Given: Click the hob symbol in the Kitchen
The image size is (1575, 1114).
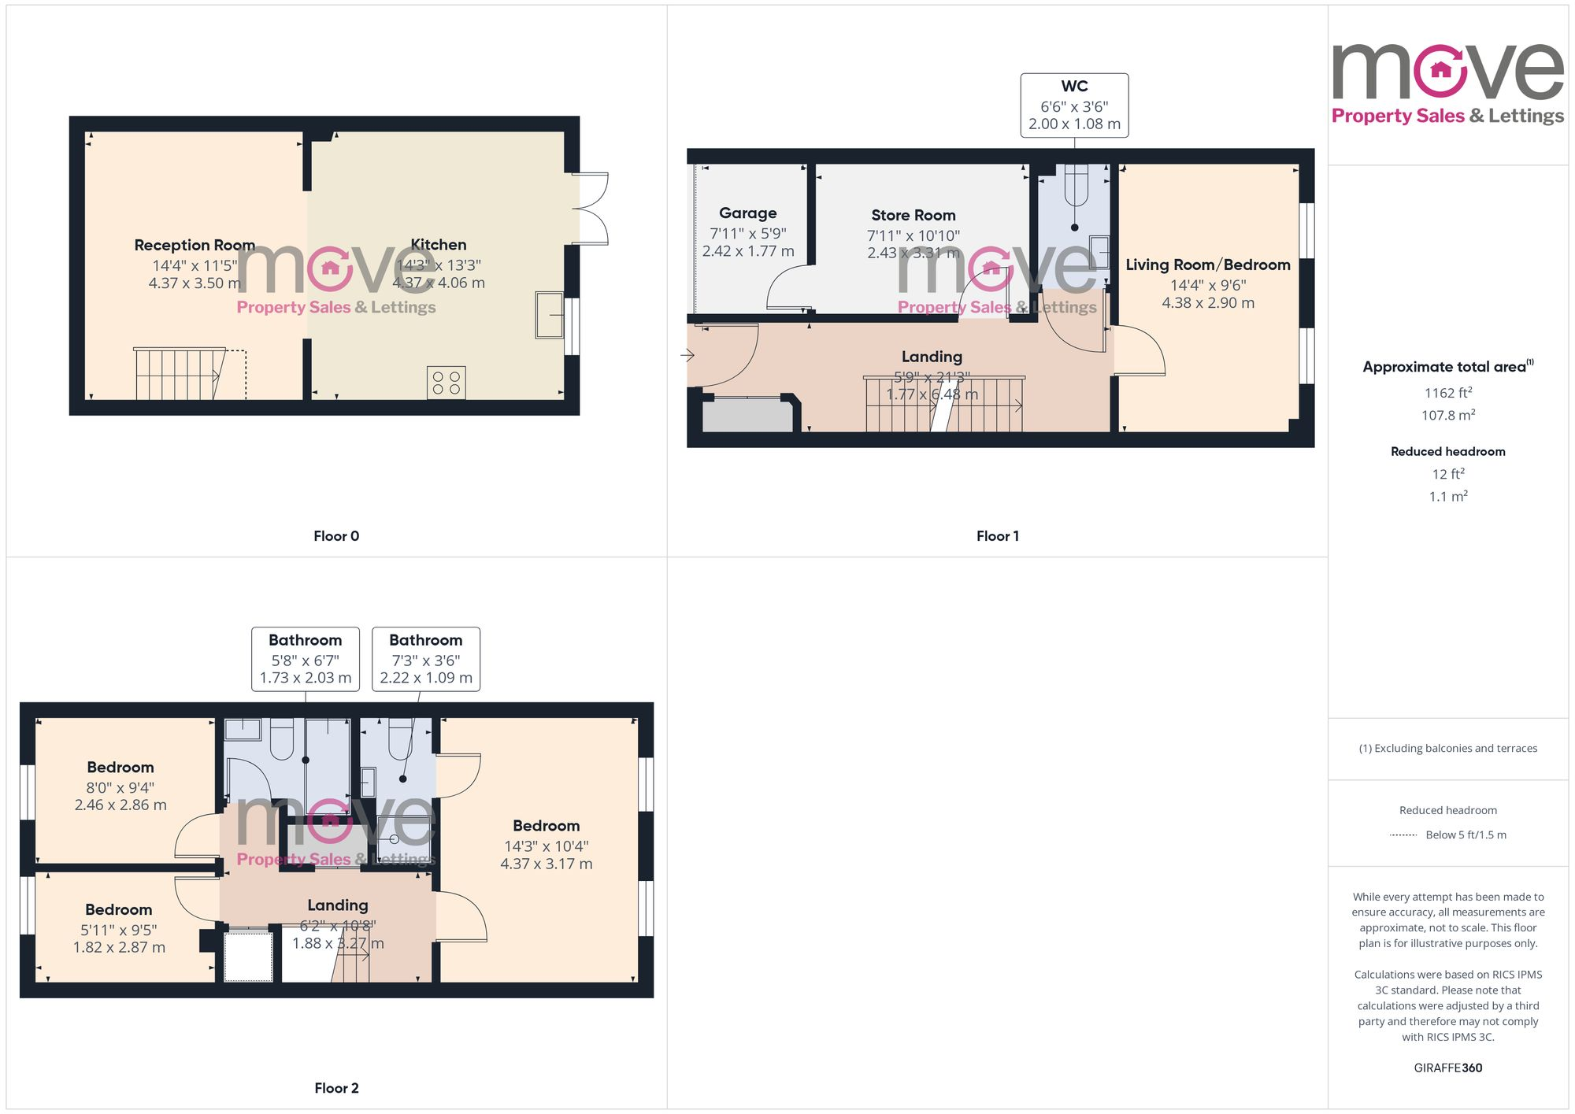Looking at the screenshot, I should click(446, 383).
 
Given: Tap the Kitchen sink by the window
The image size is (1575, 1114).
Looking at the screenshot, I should click(549, 315).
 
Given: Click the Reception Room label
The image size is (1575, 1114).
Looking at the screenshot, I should click(195, 245).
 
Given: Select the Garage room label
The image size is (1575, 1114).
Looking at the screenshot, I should click(747, 213).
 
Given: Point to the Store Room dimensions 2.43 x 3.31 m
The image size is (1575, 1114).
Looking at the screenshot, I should click(913, 253).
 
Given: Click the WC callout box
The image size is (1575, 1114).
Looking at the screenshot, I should click(1074, 105).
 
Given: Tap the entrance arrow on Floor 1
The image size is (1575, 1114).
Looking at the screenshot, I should click(687, 355).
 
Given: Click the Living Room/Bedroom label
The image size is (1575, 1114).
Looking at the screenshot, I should click(1207, 265).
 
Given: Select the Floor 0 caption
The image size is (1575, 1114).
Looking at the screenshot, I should click(336, 536).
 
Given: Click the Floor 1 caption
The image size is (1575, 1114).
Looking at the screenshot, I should click(997, 536).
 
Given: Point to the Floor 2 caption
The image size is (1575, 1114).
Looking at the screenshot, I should click(336, 1088).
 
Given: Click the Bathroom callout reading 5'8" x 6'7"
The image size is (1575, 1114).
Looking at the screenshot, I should click(306, 660).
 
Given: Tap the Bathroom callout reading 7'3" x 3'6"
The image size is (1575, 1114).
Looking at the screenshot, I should click(426, 660).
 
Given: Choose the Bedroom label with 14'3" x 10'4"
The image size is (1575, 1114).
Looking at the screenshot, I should click(546, 826).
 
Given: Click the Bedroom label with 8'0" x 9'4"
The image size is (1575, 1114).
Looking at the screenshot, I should click(120, 767).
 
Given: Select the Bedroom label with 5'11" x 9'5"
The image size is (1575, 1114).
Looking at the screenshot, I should click(118, 909).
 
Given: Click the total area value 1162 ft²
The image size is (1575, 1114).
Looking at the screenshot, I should click(1447, 393).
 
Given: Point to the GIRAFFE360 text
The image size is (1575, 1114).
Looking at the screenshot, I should click(1447, 1068).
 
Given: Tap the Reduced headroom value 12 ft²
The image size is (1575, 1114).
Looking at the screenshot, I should click(1447, 474).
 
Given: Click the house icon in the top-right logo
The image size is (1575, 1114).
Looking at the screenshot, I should click(1440, 71).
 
